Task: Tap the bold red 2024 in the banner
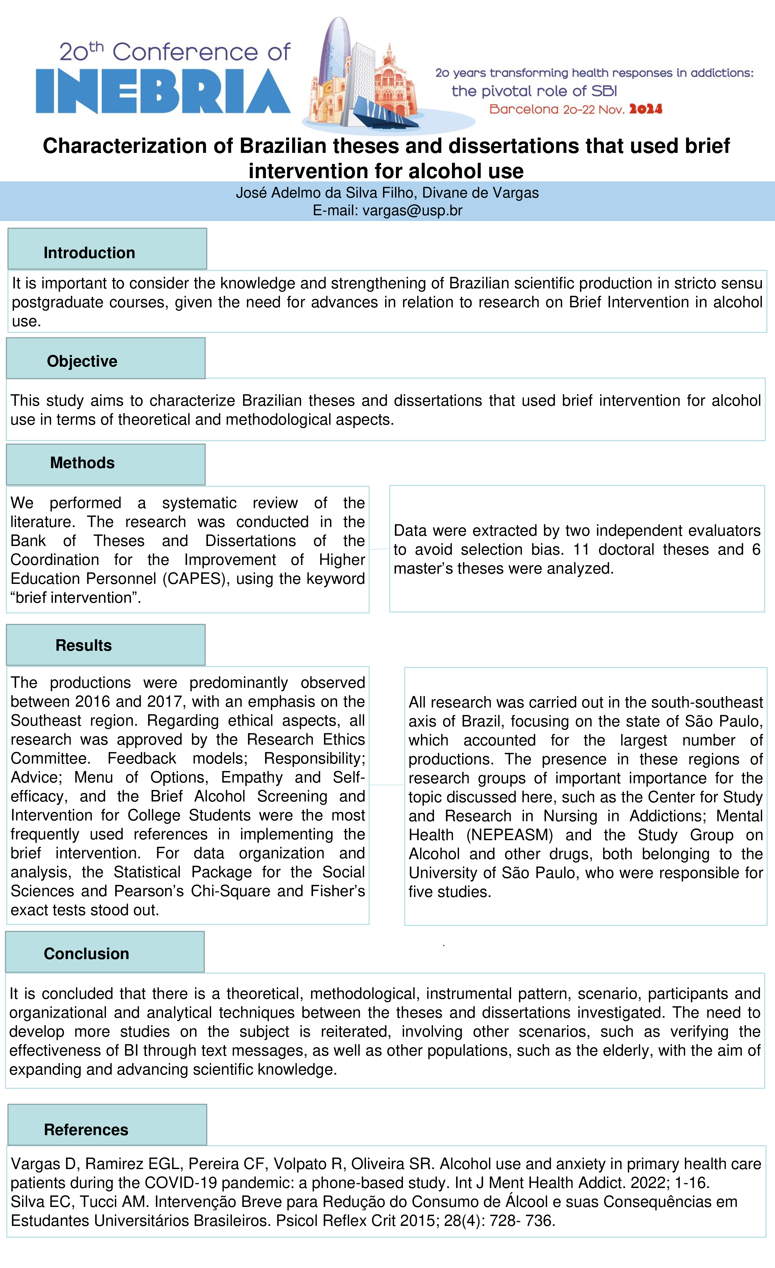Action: tap(645, 109)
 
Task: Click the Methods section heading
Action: tap(82, 463)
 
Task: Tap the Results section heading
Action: tap(83, 645)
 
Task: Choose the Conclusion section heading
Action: tap(86, 954)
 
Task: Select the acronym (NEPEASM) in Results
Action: tap(509, 835)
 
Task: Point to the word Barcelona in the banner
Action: tap(523, 109)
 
